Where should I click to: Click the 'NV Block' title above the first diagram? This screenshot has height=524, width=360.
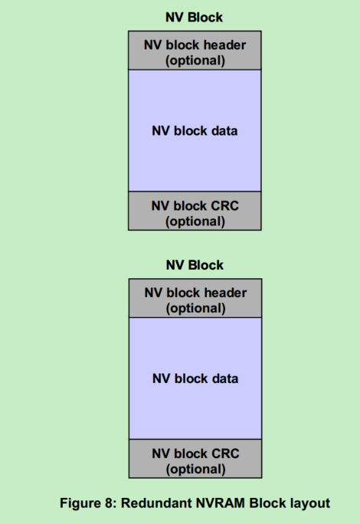(195, 17)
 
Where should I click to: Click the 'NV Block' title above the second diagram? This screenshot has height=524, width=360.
(195, 265)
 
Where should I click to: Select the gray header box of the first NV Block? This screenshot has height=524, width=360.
(195, 51)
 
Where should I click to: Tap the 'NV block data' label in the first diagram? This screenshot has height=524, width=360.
(195, 131)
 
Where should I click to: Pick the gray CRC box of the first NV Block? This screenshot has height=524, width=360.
(195, 211)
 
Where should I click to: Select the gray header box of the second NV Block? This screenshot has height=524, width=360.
(195, 300)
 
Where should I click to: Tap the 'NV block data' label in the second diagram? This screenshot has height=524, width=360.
(195, 379)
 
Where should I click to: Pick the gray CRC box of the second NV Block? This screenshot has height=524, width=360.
(195, 460)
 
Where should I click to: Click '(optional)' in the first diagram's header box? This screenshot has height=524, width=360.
(195, 61)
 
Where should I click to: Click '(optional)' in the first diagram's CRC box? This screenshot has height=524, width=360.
(195, 221)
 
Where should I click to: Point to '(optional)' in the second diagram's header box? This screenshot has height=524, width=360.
(195, 309)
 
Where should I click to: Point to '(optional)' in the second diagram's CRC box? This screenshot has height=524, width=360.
(195, 469)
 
